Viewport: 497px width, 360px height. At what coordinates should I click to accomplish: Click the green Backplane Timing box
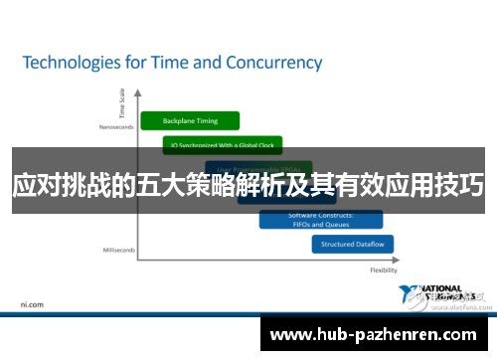coord(192,120)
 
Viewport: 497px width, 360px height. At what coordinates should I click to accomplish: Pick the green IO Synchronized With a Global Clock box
coord(224,145)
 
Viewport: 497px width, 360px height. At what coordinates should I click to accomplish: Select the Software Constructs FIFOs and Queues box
coord(313,219)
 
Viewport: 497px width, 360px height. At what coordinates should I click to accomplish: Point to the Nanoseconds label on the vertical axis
coord(115,126)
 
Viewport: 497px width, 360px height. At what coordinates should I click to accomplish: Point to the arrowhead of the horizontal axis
coord(401,261)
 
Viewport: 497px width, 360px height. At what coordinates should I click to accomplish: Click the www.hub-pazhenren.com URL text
coord(378,335)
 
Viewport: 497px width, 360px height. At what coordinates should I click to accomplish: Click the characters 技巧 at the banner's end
coord(460,185)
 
